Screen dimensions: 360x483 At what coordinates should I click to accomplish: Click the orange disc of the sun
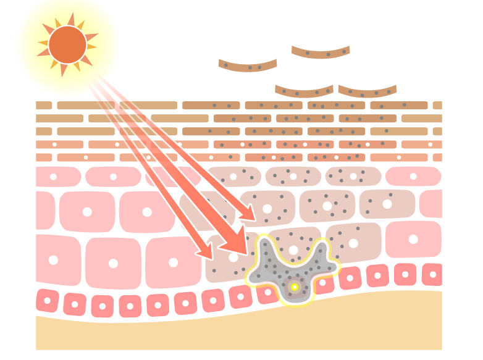point(67,44)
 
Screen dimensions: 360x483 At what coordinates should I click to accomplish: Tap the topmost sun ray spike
point(72,17)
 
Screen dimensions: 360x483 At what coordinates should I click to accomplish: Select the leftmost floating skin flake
point(248,65)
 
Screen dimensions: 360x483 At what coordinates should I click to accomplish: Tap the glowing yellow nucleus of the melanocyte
point(295,287)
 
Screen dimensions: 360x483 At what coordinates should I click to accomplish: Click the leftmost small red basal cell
point(47,301)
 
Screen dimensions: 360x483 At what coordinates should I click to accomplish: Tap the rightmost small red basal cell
point(432,274)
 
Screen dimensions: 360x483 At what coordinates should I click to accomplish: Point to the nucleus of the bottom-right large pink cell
point(413,239)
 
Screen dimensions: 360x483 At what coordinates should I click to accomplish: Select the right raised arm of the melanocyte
point(322,250)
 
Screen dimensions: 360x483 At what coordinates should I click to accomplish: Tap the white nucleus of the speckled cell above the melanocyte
point(293,250)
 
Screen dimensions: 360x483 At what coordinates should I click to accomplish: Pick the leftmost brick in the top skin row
point(44,106)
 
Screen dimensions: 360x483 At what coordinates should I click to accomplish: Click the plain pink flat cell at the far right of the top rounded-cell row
point(413,177)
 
